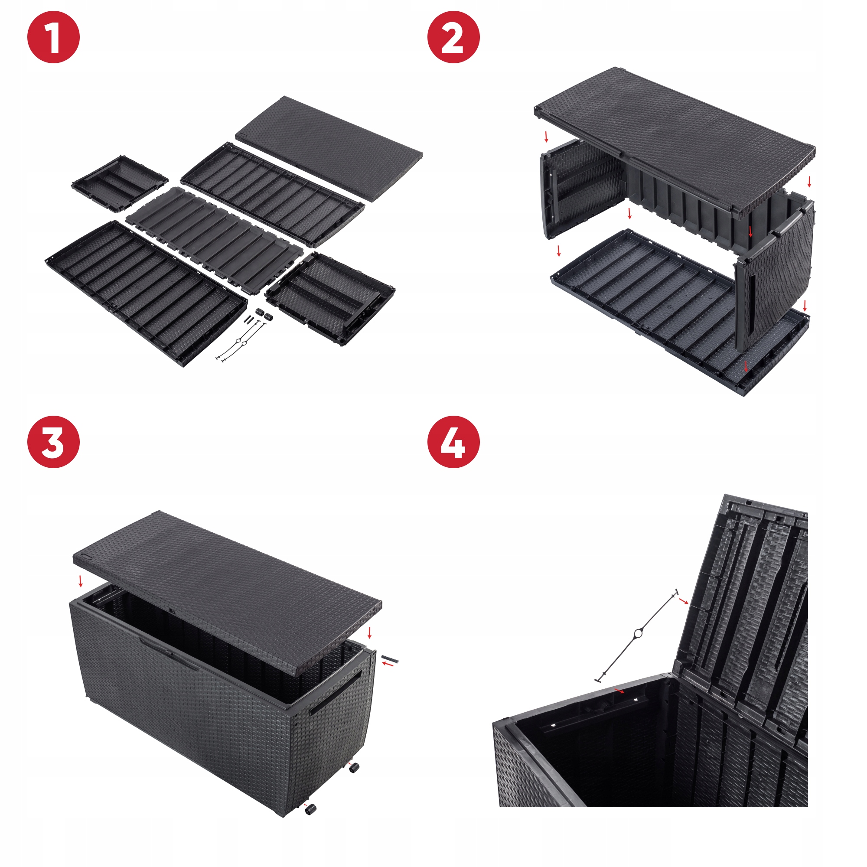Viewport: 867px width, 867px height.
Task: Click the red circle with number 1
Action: click(x=53, y=37)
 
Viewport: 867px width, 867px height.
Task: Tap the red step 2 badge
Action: click(x=454, y=37)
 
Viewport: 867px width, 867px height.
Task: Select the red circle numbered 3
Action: click(x=53, y=442)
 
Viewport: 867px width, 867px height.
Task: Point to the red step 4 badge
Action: click(x=454, y=442)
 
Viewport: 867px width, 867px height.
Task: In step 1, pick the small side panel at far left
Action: click(x=120, y=183)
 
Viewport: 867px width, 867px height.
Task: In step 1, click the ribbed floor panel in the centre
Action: click(x=215, y=240)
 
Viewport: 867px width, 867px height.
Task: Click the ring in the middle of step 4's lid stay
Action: click(x=638, y=634)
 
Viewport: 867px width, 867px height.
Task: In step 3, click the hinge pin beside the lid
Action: click(x=390, y=659)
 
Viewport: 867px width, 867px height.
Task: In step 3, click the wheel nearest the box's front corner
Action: click(x=310, y=808)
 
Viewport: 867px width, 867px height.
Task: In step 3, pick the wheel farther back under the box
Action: click(x=355, y=768)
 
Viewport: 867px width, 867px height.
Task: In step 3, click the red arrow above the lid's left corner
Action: click(x=81, y=581)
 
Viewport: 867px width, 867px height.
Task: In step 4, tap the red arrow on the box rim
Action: click(x=619, y=690)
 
